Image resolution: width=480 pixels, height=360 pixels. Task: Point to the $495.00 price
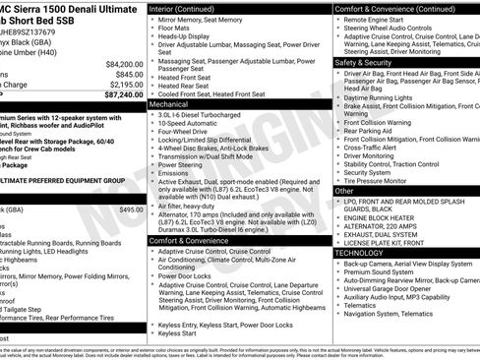[131, 210]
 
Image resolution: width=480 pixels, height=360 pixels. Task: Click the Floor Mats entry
[179, 30]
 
